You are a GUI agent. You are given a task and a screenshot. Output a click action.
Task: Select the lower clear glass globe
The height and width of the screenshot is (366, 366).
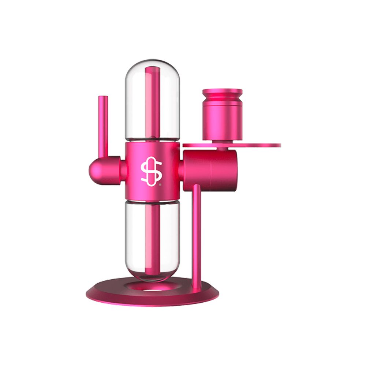pos(137,238)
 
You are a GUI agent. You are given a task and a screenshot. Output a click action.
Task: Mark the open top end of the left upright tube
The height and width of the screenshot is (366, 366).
pos(103,97)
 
